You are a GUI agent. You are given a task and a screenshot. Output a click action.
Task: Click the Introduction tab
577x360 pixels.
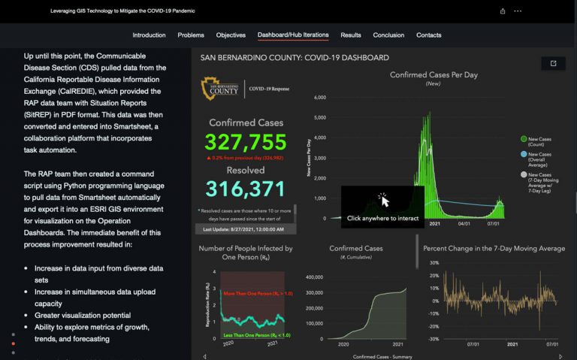(x=149, y=35)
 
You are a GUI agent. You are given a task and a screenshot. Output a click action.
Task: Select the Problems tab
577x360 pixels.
(x=191, y=35)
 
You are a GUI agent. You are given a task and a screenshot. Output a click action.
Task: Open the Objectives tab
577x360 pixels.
(x=231, y=35)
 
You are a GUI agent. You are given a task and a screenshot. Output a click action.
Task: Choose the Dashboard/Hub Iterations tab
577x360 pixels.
(x=293, y=35)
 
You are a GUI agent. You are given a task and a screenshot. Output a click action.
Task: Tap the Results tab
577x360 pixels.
(x=351, y=35)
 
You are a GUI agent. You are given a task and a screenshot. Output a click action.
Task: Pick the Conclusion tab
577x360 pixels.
(x=388, y=35)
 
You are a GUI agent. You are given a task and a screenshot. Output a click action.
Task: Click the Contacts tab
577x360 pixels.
(x=429, y=35)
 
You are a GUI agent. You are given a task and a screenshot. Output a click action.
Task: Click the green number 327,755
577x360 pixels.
(x=246, y=142)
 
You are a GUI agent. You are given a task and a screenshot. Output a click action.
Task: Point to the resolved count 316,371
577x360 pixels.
(x=246, y=189)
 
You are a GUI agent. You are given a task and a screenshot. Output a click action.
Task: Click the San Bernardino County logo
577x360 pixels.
(x=221, y=89)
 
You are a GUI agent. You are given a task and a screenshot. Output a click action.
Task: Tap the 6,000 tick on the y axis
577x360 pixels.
(x=319, y=98)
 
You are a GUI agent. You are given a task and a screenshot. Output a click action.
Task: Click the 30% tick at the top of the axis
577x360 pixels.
(x=434, y=262)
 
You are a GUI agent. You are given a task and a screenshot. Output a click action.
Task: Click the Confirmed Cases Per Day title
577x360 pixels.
(x=434, y=74)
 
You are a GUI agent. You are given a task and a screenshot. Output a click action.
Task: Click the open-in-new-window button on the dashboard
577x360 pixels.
(x=554, y=63)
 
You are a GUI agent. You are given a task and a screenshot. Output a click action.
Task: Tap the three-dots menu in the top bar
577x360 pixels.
(x=518, y=11)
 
